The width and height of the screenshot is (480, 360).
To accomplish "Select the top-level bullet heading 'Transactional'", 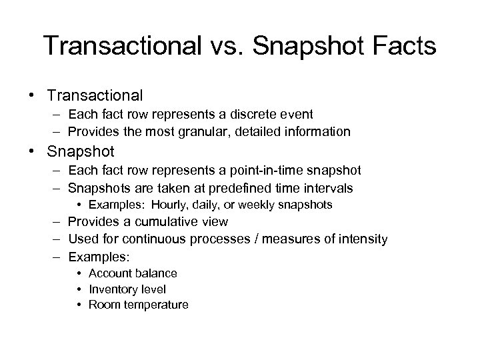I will pos(95,95).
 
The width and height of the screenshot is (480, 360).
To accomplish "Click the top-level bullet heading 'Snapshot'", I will pos(81,151).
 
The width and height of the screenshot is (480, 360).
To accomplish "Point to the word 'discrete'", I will pos(235,115).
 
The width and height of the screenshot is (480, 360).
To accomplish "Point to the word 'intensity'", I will pos(363,239).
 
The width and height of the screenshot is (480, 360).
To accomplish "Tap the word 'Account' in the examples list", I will pos(109,273).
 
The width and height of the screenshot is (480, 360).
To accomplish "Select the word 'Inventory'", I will pos(111,289).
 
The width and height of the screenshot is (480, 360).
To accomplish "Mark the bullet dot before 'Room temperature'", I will pos(79,305).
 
